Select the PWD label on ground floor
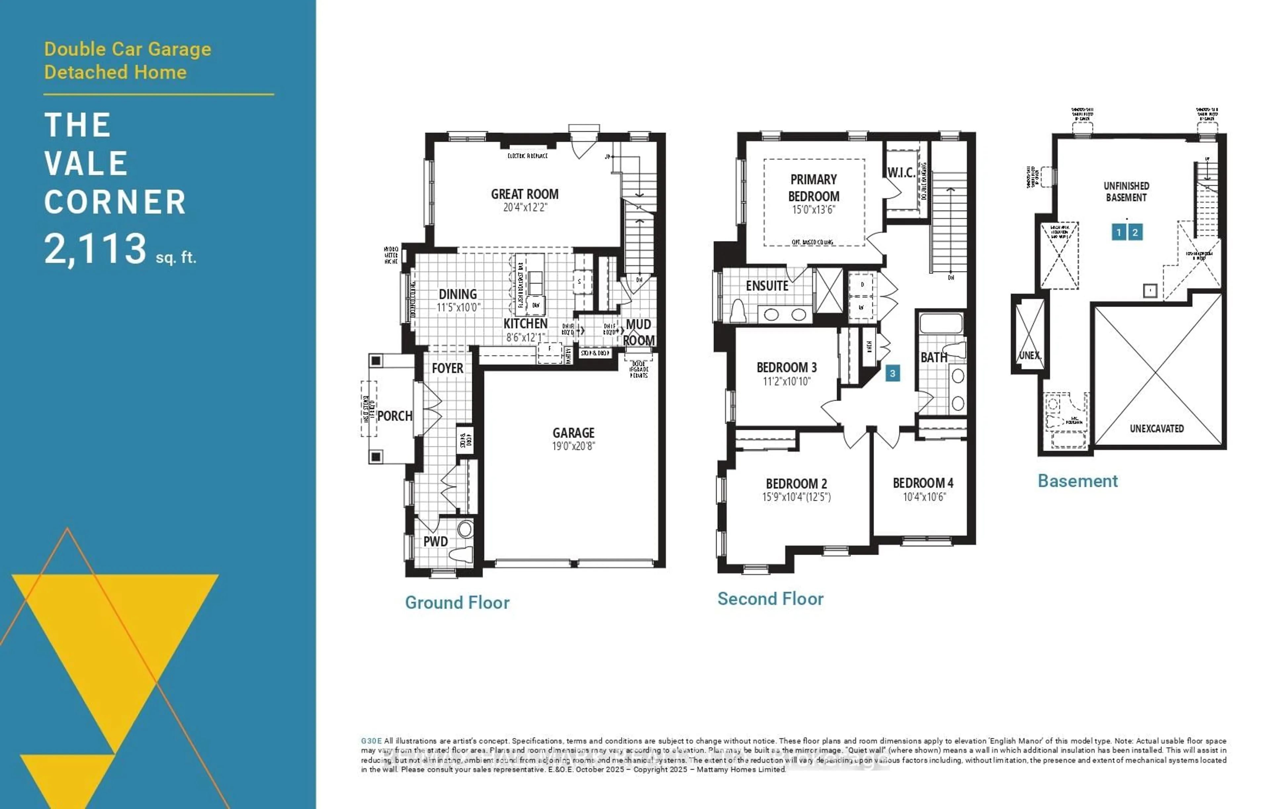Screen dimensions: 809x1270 click(x=435, y=542)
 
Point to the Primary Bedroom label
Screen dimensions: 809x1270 click(x=813, y=188)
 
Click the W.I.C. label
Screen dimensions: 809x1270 click(x=901, y=172)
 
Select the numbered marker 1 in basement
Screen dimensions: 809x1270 click(x=1119, y=232)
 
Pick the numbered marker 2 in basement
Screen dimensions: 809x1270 click(x=1135, y=232)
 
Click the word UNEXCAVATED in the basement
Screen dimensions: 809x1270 click(x=1157, y=429)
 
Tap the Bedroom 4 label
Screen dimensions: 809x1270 click(x=923, y=483)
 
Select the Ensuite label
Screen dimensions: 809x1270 click(x=767, y=286)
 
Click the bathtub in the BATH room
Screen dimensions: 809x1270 click(x=941, y=323)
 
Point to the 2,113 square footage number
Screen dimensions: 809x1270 click(x=95, y=249)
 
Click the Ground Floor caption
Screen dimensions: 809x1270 click(x=457, y=603)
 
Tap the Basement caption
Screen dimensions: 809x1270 click(x=1078, y=481)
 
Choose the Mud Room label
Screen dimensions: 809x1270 click(x=639, y=332)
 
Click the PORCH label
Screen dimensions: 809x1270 click(x=395, y=416)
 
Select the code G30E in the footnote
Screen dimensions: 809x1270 click(x=371, y=741)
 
